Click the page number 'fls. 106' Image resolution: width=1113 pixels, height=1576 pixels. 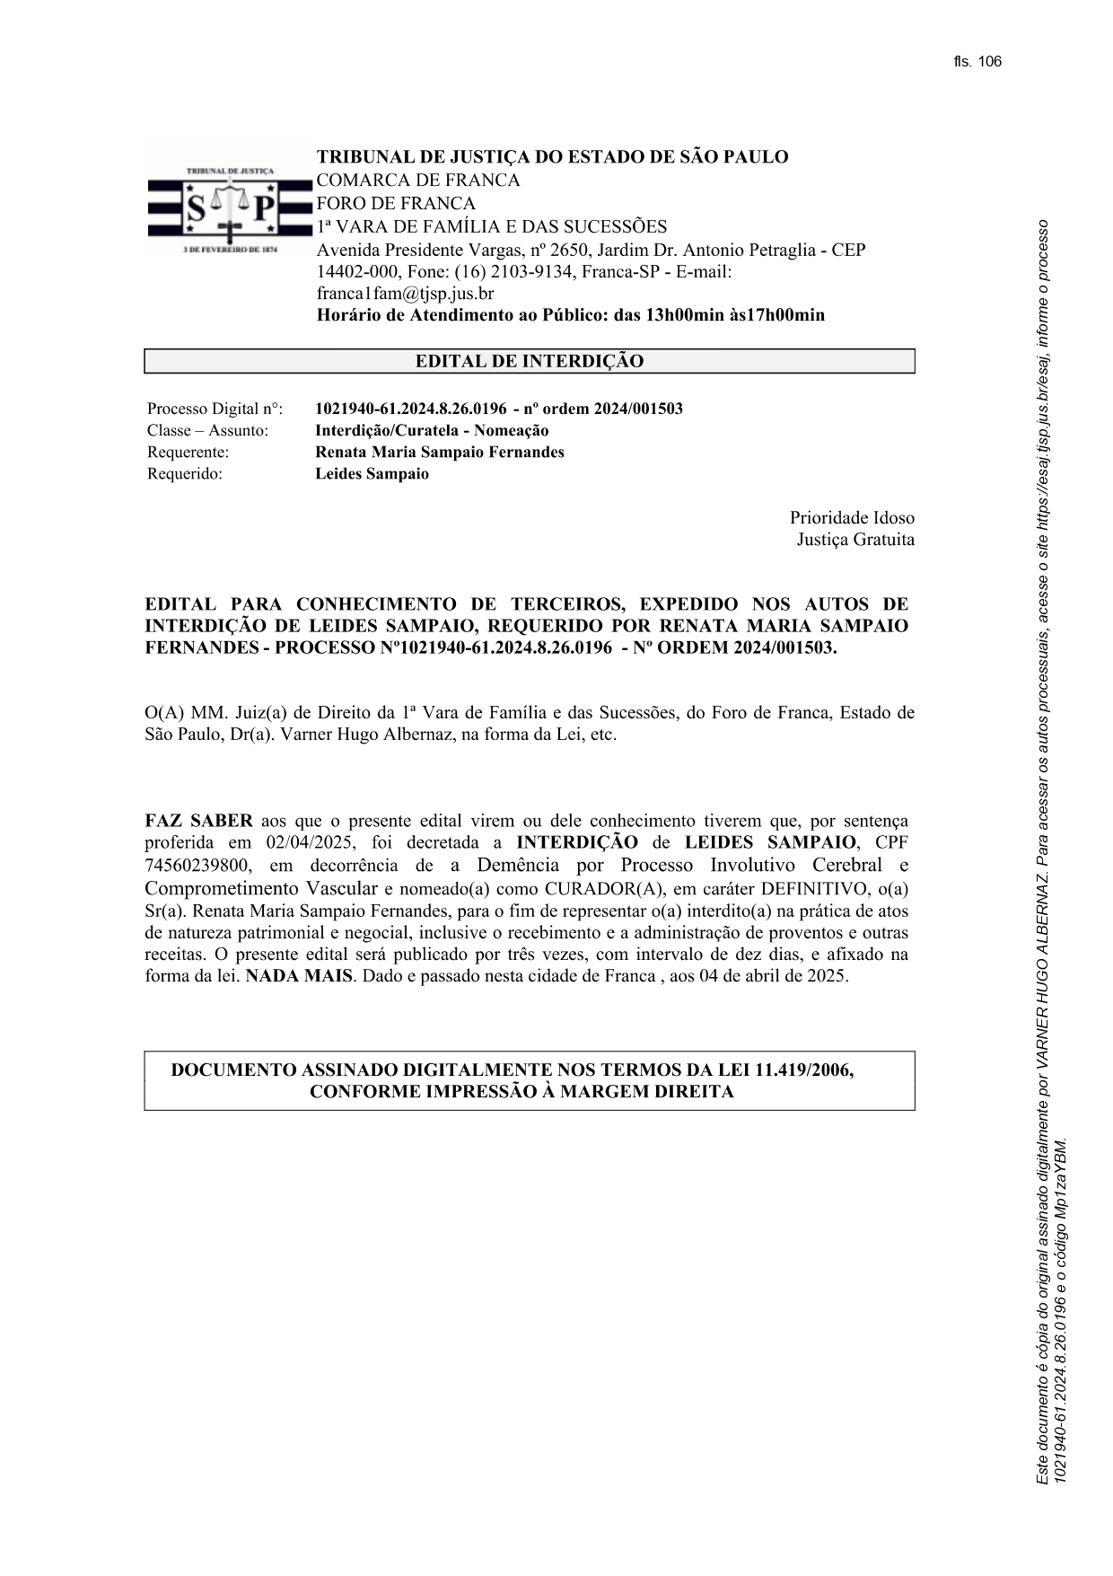pos(977,62)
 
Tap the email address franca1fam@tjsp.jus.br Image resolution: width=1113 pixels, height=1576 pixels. pos(405,294)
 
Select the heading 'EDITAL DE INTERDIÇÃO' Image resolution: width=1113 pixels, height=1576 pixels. pos(529,362)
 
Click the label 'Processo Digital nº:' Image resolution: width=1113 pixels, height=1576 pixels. pos(215,409)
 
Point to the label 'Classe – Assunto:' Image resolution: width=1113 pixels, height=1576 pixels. pos(207,431)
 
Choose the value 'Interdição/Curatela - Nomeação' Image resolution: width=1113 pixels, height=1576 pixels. pos(432,431)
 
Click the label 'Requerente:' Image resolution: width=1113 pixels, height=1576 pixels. pos(188,453)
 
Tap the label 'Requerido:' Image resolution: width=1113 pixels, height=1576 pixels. pos(184,474)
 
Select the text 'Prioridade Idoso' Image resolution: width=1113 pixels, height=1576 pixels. pos(852,518)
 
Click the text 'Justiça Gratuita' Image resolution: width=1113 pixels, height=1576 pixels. pos(855,540)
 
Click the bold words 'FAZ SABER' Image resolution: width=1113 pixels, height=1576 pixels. pos(198,821)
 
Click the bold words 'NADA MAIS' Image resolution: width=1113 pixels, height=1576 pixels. pos(298,976)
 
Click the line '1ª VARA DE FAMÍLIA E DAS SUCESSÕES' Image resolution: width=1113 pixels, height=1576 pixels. pos(492,226)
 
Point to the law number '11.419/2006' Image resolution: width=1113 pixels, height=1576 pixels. pos(804,1070)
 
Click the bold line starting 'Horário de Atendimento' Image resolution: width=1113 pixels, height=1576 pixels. pos(570,315)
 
